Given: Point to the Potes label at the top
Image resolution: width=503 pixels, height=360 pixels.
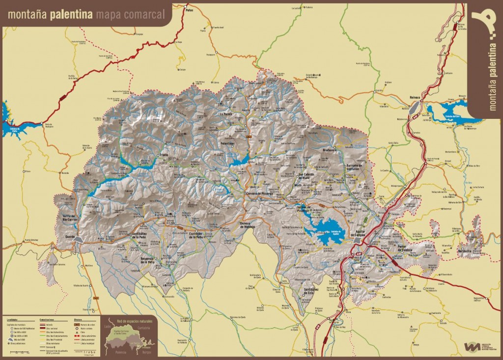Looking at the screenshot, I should tap(187, 10).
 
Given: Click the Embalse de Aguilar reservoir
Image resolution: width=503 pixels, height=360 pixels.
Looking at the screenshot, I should tap(324, 234).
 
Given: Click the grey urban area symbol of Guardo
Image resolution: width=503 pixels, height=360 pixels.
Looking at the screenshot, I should tap(79, 240).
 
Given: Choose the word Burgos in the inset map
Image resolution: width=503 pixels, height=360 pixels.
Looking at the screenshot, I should tap(146, 353).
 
